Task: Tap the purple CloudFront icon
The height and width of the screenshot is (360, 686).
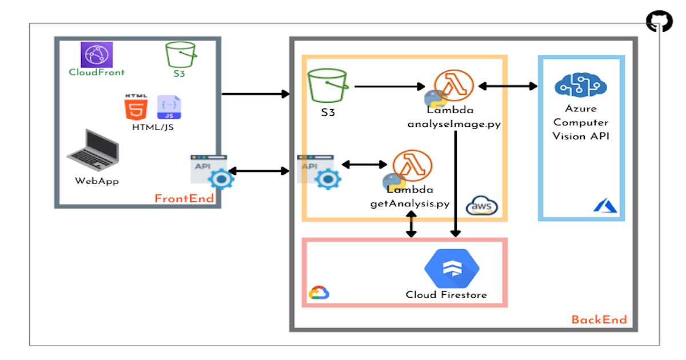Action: [97, 55]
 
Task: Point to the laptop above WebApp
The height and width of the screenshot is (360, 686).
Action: [93, 150]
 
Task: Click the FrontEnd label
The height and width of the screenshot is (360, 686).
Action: [184, 199]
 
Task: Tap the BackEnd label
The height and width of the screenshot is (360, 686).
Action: [599, 319]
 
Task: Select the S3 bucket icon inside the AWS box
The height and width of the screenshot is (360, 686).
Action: [327, 86]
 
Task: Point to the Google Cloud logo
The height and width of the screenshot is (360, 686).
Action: [319, 293]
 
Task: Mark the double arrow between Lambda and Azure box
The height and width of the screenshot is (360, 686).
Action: [508, 86]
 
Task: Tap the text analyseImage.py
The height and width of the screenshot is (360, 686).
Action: [454, 124]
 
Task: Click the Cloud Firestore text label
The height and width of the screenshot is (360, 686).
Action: [446, 295]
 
